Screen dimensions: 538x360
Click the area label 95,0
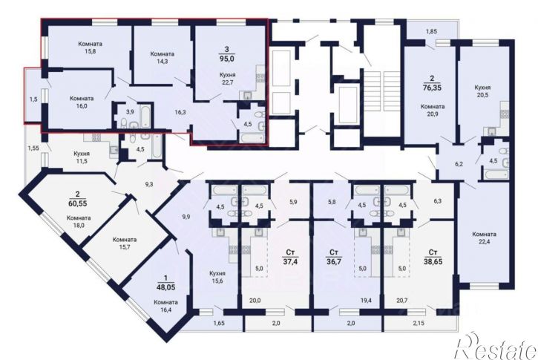pyautogui.click(x=226, y=59)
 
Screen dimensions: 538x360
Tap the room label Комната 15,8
pyautogui.click(x=91, y=48)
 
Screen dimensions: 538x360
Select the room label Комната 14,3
pyautogui.click(x=163, y=57)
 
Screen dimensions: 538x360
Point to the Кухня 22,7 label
pyautogui.click(x=228, y=78)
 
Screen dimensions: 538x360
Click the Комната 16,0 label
pyautogui.click(x=82, y=102)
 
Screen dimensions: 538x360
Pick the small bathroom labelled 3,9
pyautogui.click(x=129, y=111)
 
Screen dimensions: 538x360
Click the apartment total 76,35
pyautogui.click(x=432, y=87)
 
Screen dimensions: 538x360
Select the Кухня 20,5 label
pyautogui.click(x=483, y=91)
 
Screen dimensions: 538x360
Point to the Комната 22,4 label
pyautogui.click(x=484, y=238)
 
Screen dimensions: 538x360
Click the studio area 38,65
pyautogui.click(x=433, y=261)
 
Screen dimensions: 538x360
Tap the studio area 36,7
pyautogui.click(x=333, y=261)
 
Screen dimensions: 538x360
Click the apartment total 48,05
pyautogui.click(x=165, y=287)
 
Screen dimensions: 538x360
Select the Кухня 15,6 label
pyautogui.click(x=217, y=277)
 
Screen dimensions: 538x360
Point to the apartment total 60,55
pyautogui.click(x=77, y=203)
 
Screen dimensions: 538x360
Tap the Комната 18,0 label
pyautogui.click(x=79, y=222)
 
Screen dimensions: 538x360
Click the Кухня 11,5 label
pyautogui.click(x=82, y=157)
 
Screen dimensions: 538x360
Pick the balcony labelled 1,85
pyautogui.click(x=432, y=32)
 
